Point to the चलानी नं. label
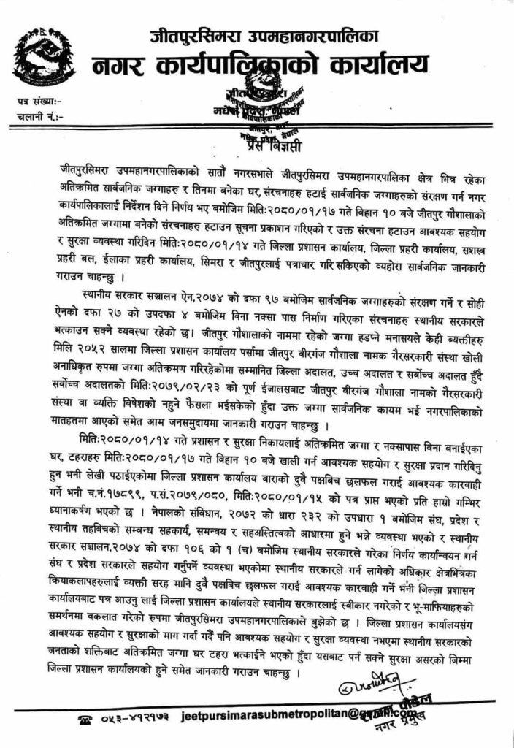click(x=39, y=116)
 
